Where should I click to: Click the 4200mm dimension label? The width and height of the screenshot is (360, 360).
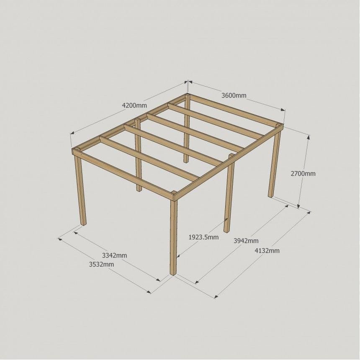pyautogui.click(x=134, y=105)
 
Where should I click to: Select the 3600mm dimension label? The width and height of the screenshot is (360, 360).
pyautogui.click(x=234, y=95)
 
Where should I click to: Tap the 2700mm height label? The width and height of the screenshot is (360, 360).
pyautogui.click(x=303, y=174)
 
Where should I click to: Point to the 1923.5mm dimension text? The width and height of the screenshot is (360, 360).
pyautogui.click(x=203, y=237)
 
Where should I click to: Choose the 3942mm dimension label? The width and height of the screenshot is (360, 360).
pyautogui.click(x=246, y=241)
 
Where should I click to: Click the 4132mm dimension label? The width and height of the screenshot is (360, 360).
pyautogui.click(x=267, y=250)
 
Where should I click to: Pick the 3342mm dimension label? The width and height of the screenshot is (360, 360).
pyautogui.click(x=115, y=255)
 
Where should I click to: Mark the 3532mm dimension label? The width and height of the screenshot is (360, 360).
pyautogui.click(x=101, y=264)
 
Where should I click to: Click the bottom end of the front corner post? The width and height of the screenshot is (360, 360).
pyautogui.click(x=173, y=273)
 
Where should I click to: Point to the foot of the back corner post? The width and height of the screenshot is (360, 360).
pyautogui.click(x=186, y=162)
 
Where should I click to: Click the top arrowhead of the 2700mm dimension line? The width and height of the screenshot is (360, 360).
pyautogui.click(x=308, y=137)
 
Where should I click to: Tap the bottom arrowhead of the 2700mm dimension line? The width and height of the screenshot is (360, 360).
pyautogui.click(x=298, y=206)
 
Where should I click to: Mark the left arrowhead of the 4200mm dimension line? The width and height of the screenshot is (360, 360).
pyautogui.click(x=72, y=133)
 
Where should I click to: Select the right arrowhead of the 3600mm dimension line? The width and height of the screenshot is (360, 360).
pyautogui.click(x=283, y=110)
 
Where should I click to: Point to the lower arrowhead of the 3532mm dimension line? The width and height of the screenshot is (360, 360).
pyautogui.click(x=149, y=292)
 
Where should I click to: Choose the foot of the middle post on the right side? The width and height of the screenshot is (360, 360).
pyautogui.click(x=226, y=231)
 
